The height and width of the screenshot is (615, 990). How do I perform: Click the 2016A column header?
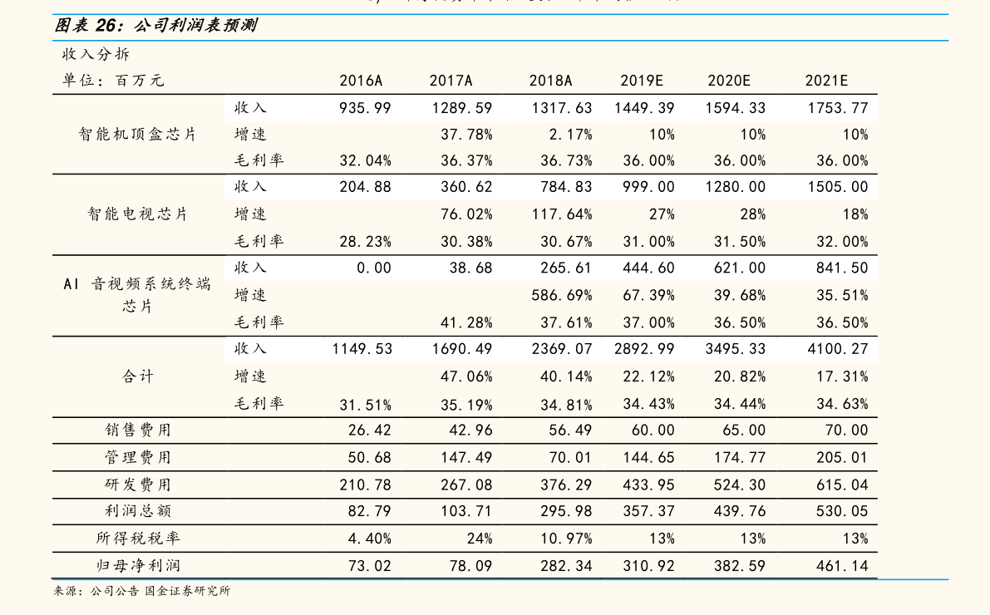click(361, 81)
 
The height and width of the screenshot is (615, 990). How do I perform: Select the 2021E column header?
click(826, 81)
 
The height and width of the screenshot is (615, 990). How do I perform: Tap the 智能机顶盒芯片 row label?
click(138, 134)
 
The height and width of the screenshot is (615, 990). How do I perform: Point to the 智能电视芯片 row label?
click(138, 214)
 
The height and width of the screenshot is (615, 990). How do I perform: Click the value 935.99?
click(365, 108)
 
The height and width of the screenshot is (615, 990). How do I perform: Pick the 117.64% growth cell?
click(562, 214)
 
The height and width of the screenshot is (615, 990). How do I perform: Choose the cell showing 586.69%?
click(562, 295)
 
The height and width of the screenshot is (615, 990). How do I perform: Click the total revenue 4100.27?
click(837, 348)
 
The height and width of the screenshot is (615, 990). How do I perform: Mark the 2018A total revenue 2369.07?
click(562, 348)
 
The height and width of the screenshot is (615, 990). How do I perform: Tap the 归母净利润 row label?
click(138, 566)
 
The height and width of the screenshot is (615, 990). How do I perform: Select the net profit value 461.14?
click(842, 566)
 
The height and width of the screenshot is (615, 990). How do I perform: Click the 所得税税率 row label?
click(138, 538)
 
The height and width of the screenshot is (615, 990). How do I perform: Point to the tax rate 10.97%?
click(566, 539)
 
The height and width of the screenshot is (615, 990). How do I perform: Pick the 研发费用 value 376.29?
click(566, 485)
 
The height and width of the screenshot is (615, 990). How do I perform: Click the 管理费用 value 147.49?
click(466, 457)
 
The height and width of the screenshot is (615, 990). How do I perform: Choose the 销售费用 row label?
click(138, 430)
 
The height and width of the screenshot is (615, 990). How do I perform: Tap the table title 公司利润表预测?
click(195, 25)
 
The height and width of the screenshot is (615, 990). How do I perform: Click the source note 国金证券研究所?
click(188, 591)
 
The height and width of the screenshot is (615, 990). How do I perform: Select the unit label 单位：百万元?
click(113, 81)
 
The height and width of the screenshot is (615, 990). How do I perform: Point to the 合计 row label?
click(138, 376)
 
